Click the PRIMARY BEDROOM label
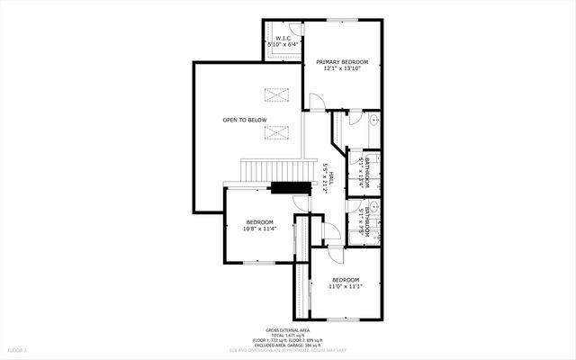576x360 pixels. pos(341,62)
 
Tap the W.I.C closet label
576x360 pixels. pos(281,38)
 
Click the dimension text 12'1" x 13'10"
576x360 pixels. pos(341,69)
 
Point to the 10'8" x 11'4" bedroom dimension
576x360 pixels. pos(259,229)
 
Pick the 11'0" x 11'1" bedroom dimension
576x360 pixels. pos(345,286)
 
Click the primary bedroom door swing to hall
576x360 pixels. pos(316,103)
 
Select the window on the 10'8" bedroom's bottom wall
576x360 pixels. pos(259,262)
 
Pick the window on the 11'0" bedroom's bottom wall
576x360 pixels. pos(341,319)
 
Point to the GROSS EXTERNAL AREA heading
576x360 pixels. pos(287,329)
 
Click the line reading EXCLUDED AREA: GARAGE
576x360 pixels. pos(287,346)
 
